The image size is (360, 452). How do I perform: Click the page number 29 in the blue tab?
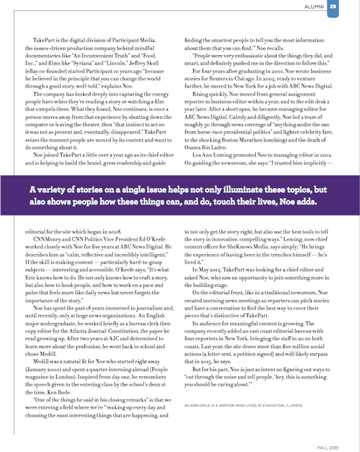(332, 7)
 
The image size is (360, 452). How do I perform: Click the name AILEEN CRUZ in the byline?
(197, 405)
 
